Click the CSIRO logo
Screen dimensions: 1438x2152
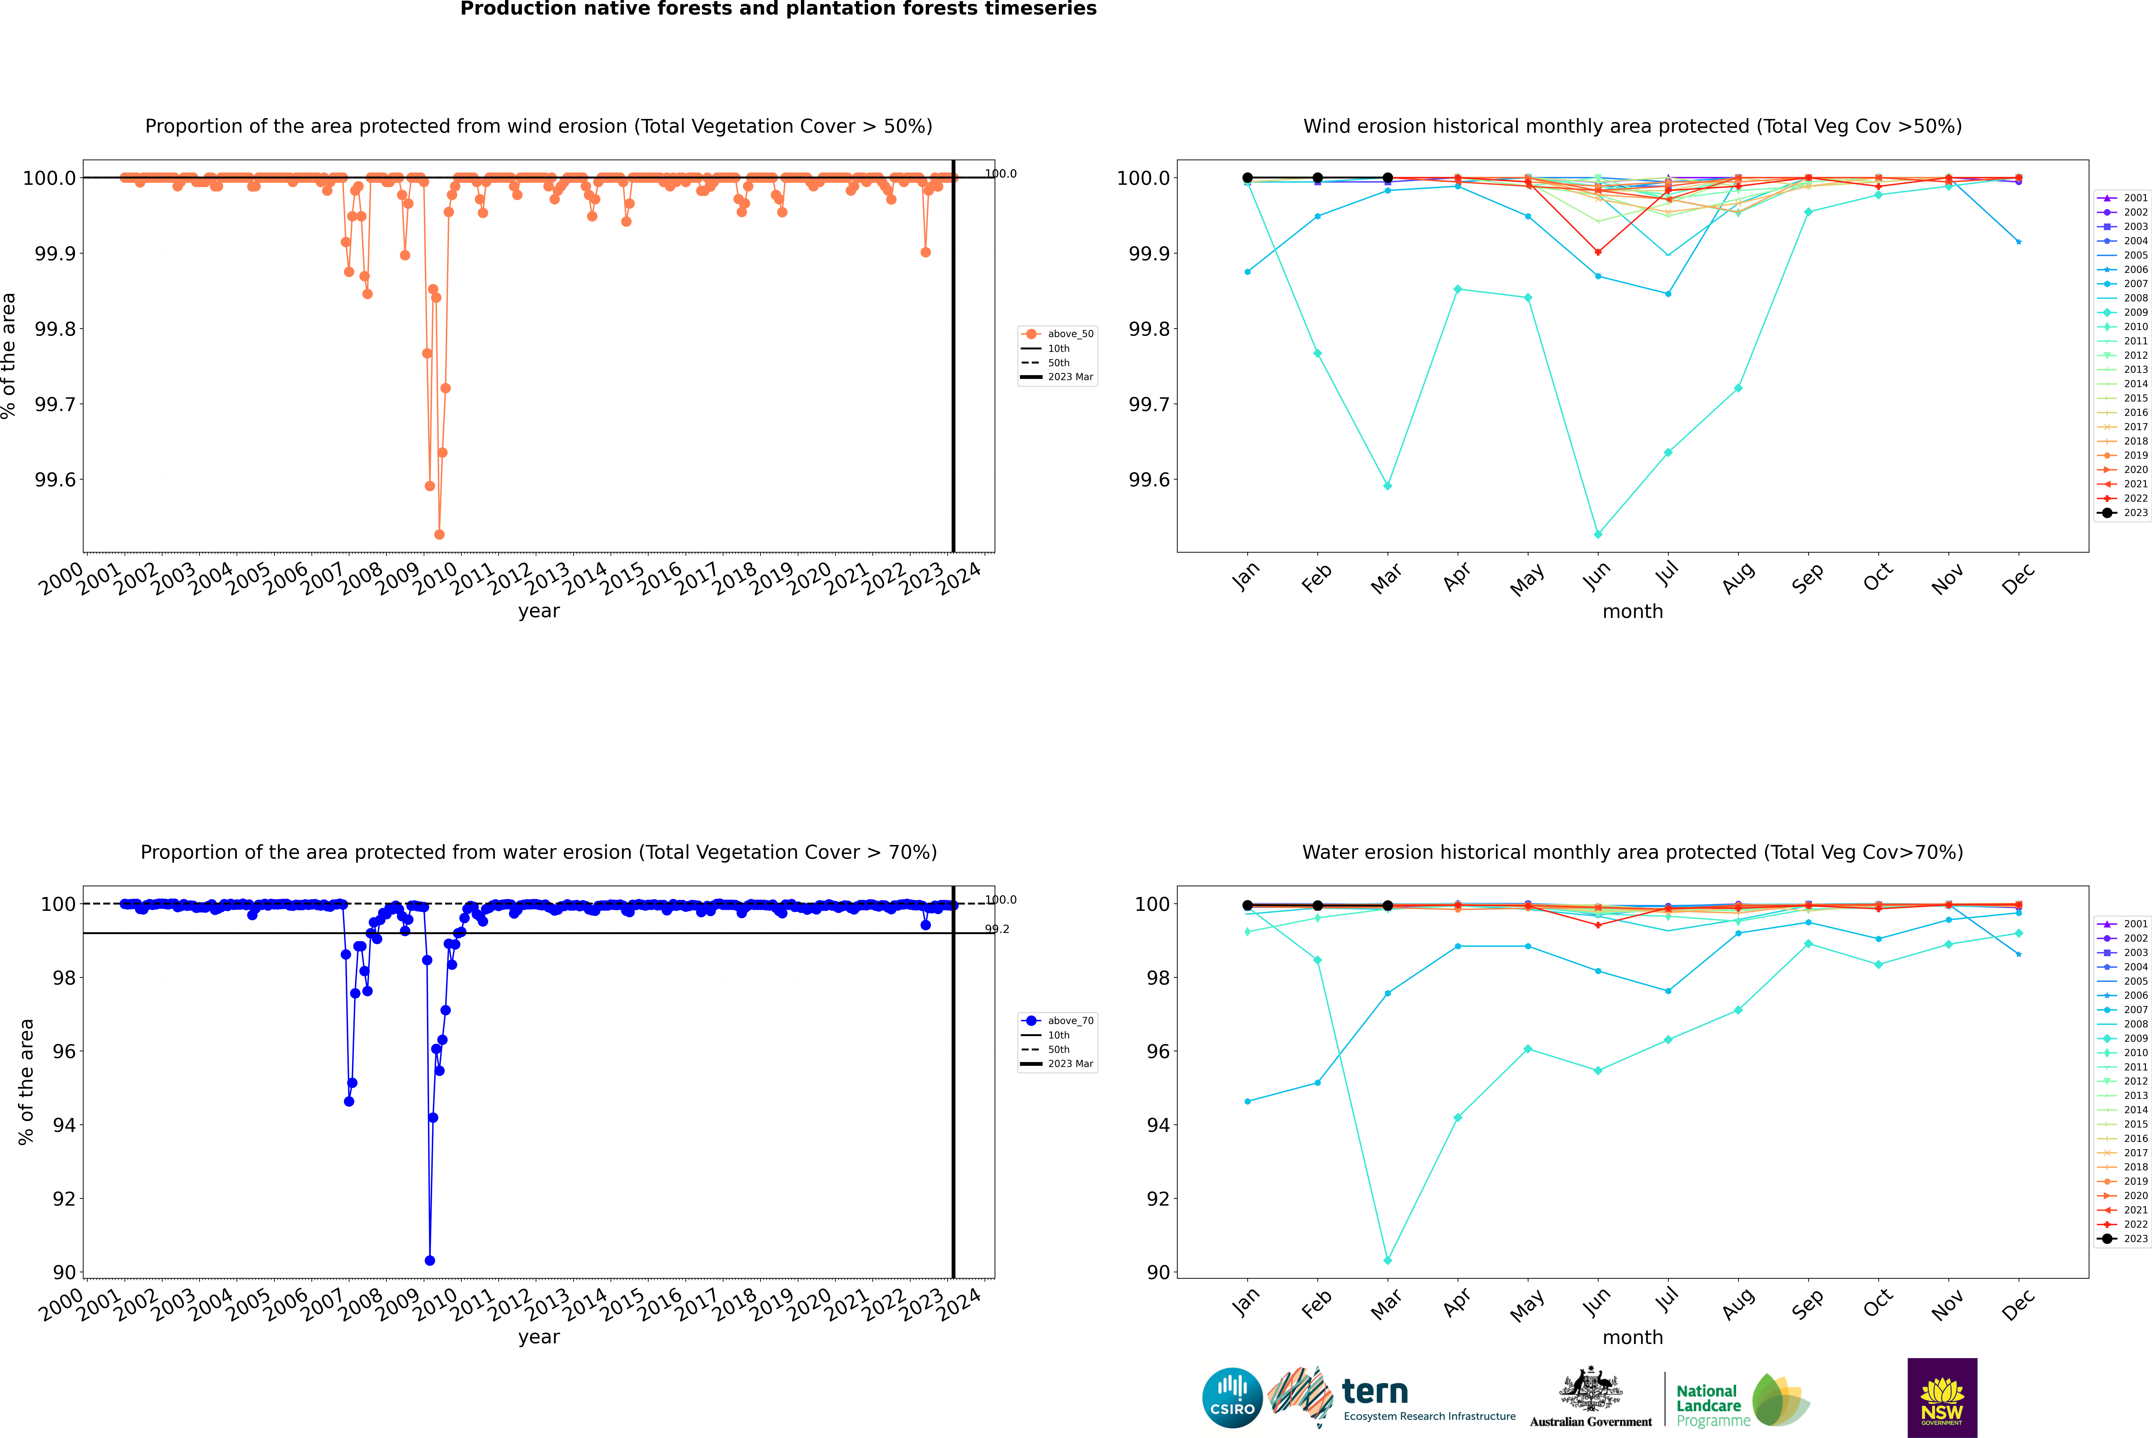click(x=1232, y=1398)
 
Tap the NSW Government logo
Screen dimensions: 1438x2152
click(x=1942, y=1398)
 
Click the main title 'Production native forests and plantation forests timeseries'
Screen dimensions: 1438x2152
click(x=778, y=9)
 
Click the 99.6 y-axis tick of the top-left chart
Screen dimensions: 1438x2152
click(x=55, y=480)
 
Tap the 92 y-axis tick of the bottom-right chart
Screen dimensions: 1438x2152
click(x=1158, y=1199)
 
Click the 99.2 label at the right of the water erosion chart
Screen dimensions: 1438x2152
click(x=997, y=929)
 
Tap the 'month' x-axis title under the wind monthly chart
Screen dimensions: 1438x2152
click(x=1632, y=612)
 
